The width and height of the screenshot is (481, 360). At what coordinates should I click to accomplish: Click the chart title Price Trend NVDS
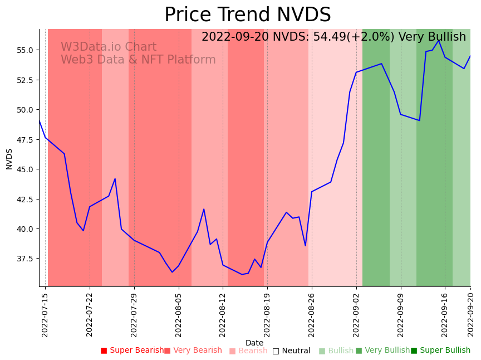[247, 15]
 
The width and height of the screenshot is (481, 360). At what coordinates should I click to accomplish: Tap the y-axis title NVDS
[9, 158]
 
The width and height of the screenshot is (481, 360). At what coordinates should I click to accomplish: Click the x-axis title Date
[254, 343]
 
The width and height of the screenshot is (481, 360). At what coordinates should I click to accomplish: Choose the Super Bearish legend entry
[132, 351]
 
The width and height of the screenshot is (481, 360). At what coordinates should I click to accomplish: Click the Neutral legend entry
[291, 351]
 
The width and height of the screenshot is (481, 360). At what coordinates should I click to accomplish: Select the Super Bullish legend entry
[440, 351]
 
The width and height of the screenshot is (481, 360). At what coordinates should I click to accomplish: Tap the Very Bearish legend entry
[193, 351]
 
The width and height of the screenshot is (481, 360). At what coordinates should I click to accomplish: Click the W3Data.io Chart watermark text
[109, 47]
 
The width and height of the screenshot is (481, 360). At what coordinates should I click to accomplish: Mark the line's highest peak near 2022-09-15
[439, 40]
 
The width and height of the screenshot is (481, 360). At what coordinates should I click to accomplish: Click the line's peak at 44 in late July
[115, 179]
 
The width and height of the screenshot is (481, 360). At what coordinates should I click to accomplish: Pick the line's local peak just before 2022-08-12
[204, 209]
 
